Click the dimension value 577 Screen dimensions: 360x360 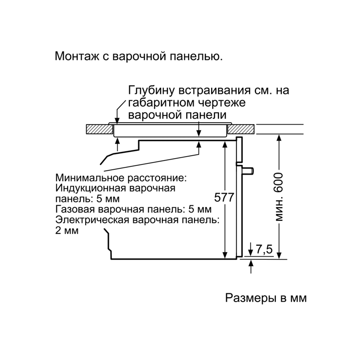224,197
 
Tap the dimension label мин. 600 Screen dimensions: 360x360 279,197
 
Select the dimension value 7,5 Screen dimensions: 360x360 264,250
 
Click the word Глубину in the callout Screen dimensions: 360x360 152,91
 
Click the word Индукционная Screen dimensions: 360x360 90,188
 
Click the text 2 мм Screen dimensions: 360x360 67,230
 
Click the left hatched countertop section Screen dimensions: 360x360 99,129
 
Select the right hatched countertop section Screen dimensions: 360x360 241,129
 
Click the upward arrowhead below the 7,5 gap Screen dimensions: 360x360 251,263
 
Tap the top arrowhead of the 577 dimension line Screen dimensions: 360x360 225,144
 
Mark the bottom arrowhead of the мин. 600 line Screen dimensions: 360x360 279,255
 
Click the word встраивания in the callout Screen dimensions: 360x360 214,90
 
